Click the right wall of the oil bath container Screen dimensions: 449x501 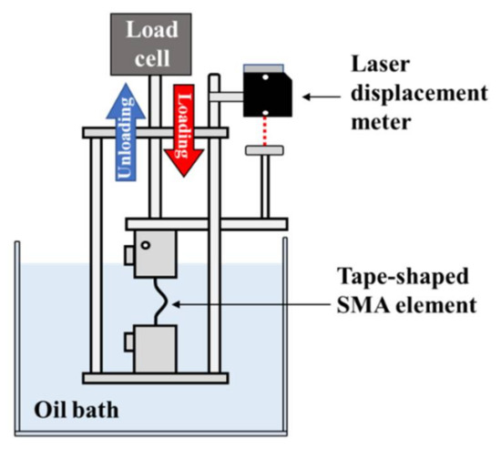285,337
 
